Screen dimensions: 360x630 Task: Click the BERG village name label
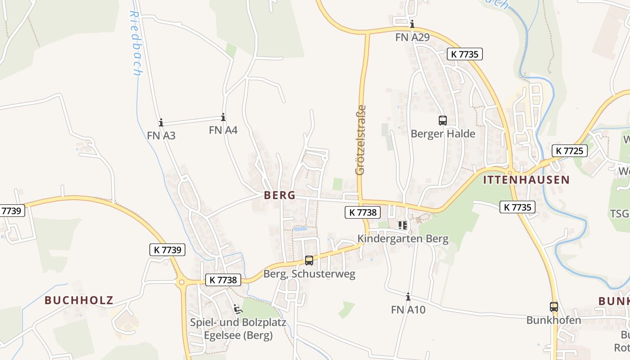click(x=280, y=195)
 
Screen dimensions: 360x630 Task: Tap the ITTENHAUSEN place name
click(x=526, y=180)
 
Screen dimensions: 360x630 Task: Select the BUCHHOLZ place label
click(x=79, y=300)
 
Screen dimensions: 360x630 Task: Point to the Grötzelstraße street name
click(x=360, y=140)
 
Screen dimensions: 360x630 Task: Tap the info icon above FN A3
click(x=161, y=122)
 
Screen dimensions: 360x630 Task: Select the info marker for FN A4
click(x=223, y=117)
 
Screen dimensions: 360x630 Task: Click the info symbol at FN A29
click(x=412, y=24)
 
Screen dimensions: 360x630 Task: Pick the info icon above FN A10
click(x=408, y=297)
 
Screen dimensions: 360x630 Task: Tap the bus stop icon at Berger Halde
click(x=443, y=120)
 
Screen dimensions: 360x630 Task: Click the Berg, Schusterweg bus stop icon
click(x=309, y=260)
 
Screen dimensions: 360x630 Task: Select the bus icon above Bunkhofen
click(x=553, y=307)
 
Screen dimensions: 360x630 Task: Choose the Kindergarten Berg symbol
click(x=402, y=225)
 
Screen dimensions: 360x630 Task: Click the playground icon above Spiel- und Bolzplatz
click(x=238, y=309)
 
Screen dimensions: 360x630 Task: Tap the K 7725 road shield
click(x=570, y=150)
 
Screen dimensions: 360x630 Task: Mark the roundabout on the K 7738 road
click(x=182, y=283)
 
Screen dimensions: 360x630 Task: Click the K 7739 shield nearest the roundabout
click(x=167, y=250)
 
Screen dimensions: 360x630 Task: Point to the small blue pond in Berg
click(x=300, y=229)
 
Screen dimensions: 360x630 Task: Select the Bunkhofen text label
click(x=553, y=320)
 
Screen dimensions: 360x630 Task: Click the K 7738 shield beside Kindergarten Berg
click(x=363, y=212)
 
